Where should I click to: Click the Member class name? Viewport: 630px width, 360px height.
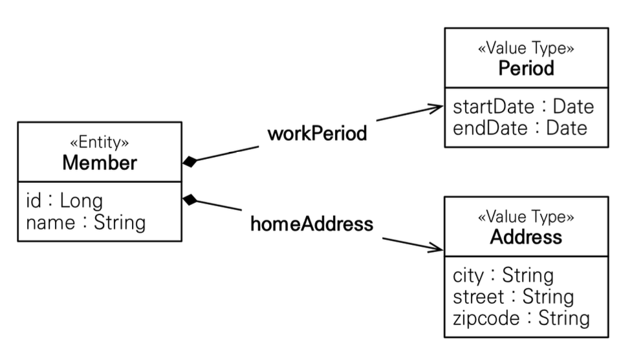coord(100,162)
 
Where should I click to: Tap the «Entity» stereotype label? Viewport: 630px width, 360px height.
coord(99,142)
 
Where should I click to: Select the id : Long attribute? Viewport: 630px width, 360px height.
coord(64,200)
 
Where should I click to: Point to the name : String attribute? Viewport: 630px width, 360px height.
coord(85,222)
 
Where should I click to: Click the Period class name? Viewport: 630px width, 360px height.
coord(527,69)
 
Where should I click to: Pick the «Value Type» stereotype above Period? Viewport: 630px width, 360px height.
coord(526,48)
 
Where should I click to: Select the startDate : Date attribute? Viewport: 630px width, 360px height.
coord(523,107)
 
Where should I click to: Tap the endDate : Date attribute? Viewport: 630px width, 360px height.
coord(520,128)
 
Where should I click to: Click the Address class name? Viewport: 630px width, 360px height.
coord(526,237)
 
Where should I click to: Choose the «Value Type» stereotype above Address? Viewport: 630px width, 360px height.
coord(526,217)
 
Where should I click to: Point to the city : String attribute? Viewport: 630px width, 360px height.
coord(503,275)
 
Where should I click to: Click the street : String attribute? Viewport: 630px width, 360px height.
coord(513,297)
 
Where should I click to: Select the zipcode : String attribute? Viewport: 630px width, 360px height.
coord(521,318)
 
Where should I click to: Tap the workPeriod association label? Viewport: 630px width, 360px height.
coord(317,133)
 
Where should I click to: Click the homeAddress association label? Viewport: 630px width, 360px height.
coord(312,224)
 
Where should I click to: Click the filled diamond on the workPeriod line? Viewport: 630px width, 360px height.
coord(190,162)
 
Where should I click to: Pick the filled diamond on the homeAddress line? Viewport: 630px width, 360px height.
coord(190,200)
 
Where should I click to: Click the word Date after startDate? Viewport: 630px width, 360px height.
coord(573,107)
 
